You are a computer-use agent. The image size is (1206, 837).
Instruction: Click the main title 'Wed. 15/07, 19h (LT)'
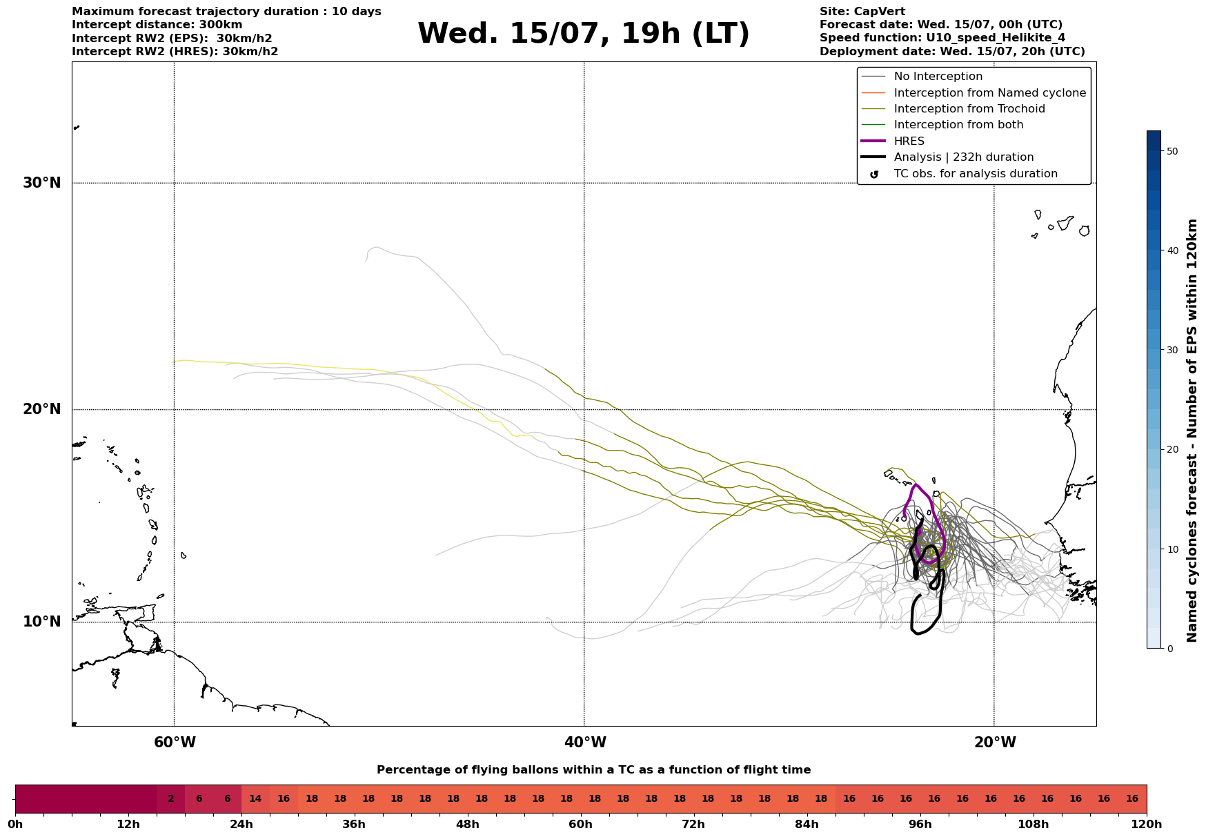point(583,34)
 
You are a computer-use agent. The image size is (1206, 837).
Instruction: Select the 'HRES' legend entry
point(909,141)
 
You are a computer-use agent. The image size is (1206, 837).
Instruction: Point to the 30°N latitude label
point(42,183)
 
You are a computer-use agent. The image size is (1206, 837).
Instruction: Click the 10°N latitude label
point(42,622)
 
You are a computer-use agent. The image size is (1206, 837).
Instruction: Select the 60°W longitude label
point(175,742)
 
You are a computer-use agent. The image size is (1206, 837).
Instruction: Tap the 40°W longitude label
point(585,742)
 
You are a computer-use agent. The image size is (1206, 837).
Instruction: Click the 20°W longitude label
point(995,742)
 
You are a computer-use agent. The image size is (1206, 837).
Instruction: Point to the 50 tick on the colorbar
point(1172,151)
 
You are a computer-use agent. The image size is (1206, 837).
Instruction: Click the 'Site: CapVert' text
point(862,12)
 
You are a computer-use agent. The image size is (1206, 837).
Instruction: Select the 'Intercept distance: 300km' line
point(157,25)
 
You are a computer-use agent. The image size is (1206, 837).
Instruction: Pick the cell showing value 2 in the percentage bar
point(171,799)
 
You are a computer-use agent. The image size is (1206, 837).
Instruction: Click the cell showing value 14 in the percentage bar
point(255,799)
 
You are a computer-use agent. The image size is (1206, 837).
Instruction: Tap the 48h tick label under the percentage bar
point(468,825)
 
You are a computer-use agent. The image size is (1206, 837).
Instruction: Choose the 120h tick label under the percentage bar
point(1147,825)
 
